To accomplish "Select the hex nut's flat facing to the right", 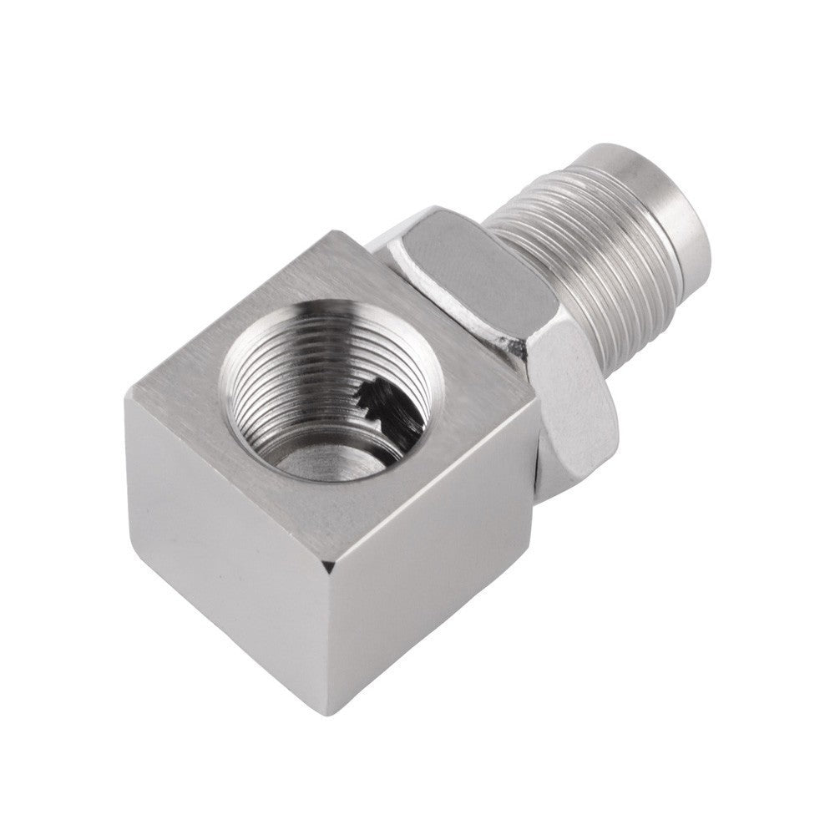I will click(x=576, y=392).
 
